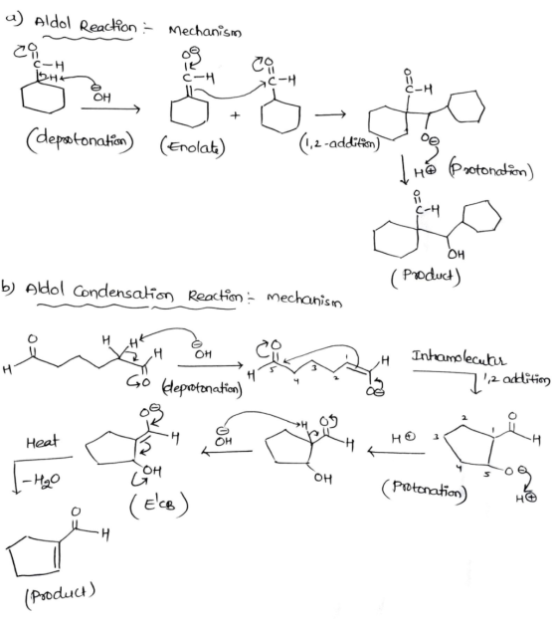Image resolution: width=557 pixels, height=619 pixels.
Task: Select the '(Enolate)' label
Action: [193, 146]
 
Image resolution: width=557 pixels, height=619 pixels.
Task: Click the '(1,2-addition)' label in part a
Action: [339, 143]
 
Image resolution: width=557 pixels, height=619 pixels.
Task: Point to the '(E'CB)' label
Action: [159, 505]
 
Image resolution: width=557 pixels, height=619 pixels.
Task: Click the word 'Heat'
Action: [42, 441]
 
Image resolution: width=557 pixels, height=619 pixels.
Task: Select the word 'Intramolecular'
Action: [459, 358]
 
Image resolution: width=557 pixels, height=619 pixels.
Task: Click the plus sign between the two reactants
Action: [236, 115]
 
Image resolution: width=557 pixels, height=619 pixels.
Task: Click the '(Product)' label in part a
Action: [426, 276]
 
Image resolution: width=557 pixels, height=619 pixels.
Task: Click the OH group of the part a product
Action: [456, 254]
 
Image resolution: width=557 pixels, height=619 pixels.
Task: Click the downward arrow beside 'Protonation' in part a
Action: [404, 170]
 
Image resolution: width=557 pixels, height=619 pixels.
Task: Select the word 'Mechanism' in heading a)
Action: [205, 31]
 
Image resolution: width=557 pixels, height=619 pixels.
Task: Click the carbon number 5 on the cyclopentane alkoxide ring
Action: [487, 475]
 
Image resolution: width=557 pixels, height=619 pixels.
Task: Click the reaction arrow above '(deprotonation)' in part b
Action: [210, 366]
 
